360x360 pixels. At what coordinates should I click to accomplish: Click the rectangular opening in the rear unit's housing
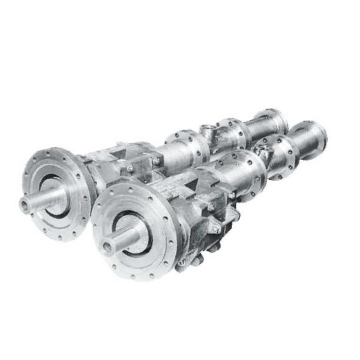(135, 155)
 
